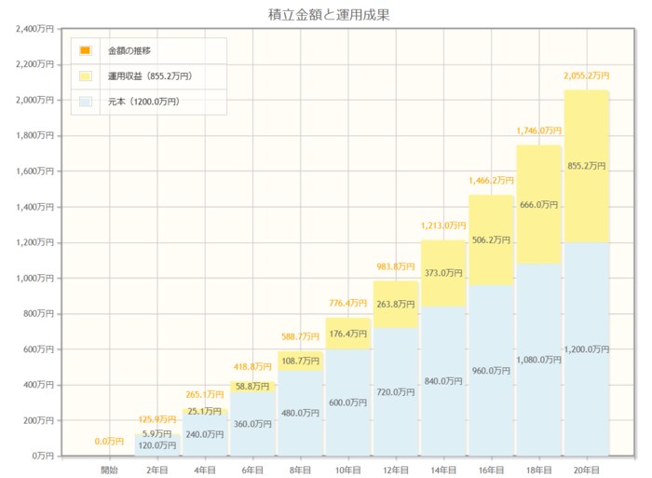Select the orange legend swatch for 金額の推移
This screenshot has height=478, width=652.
pyautogui.click(x=85, y=50)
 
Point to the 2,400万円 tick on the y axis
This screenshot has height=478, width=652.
pyautogui.click(x=35, y=29)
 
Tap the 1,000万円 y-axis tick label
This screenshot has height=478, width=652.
pyautogui.click(x=35, y=279)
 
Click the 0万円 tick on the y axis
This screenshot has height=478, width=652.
pyautogui.click(x=42, y=457)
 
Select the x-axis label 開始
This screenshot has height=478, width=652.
pyautogui.click(x=109, y=469)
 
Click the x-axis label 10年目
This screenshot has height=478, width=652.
pyautogui.click(x=348, y=469)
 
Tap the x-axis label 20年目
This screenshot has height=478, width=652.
pyautogui.click(x=587, y=469)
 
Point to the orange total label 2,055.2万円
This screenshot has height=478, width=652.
pyautogui.click(x=587, y=75)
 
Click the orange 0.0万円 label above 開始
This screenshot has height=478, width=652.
pyautogui.click(x=109, y=442)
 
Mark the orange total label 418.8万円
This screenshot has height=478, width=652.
pyautogui.click(x=252, y=367)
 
